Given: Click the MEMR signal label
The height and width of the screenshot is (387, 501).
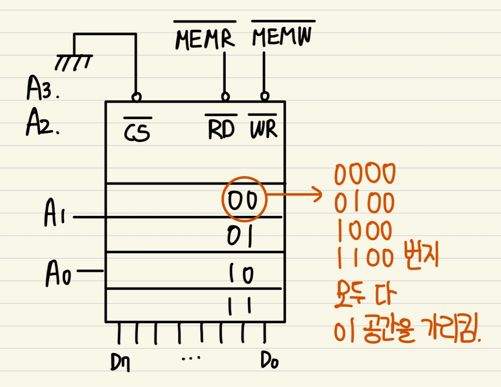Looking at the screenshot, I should point(205,39).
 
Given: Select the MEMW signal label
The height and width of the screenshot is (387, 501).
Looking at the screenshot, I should point(282,36).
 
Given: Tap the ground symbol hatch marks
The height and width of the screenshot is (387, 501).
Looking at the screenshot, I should point(74,62).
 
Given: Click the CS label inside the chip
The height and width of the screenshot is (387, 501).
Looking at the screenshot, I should point(137,131).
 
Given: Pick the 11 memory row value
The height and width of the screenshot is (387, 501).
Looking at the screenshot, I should point(240,305).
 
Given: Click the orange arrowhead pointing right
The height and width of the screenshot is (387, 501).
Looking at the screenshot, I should point(317,195).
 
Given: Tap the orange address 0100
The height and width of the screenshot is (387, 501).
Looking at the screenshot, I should point(364,203).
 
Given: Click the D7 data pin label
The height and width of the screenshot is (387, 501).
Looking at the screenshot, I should point(120,362).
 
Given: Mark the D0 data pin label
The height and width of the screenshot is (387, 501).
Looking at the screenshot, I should point(269,360).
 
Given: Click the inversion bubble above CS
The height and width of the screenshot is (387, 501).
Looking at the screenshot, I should point(136,97).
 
